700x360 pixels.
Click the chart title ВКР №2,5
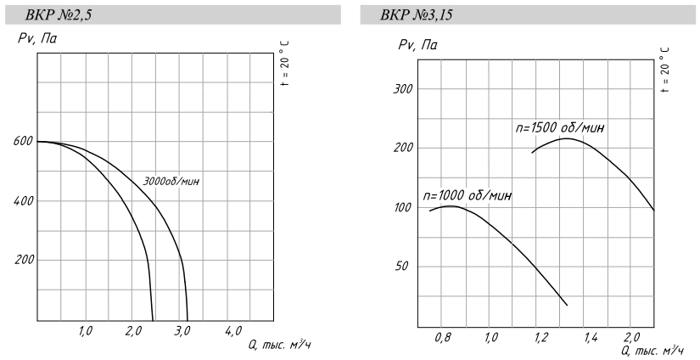[63, 14]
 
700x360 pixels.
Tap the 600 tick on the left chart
[23, 142]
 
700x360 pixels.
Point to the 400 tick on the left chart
[23, 201]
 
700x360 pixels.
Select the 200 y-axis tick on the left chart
[23, 260]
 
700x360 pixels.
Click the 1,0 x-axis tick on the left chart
[86, 331]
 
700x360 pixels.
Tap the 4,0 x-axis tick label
[232, 331]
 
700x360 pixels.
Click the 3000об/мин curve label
[175, 181]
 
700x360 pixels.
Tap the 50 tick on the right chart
[404, 267]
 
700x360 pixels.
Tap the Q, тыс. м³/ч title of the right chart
[652, 350]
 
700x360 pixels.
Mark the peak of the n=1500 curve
[564, 138]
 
